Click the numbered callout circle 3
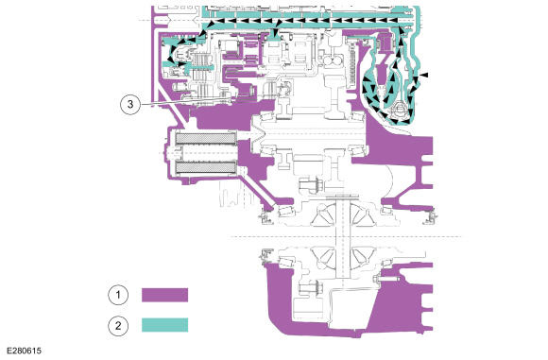click(130, 104)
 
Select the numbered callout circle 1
click(118, 295)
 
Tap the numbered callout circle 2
click(118, 326)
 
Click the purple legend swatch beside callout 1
click(165, 295)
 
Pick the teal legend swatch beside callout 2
click(165, 325)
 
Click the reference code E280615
click(25, 351)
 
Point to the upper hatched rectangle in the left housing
click(206, 139)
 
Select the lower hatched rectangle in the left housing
click(206, 167)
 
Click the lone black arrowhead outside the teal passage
click(423, 75)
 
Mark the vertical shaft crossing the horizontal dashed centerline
click(342, 237)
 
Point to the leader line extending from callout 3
click(185, 102)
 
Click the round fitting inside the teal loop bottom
click(399, 110)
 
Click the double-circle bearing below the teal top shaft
click(334, 60)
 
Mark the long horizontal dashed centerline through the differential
click(346, 237)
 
